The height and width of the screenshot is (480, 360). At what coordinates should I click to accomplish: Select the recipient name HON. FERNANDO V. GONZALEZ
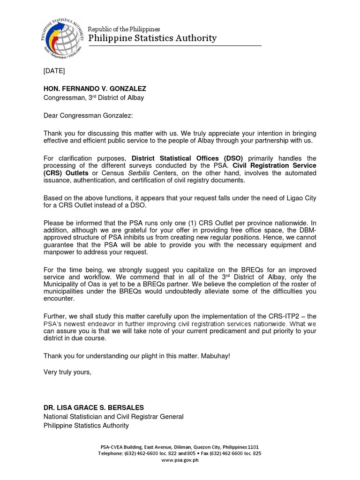click(x=95, y=89)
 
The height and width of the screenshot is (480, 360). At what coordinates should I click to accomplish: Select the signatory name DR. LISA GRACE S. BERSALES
click(x=94, y=407)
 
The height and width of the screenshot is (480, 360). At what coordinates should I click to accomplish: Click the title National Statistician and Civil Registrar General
click(x=113, y=416)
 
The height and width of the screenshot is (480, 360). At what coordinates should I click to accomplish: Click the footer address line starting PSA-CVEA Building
click(x=180, y=447)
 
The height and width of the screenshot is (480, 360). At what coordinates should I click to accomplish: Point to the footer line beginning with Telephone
click(x=180, y=453)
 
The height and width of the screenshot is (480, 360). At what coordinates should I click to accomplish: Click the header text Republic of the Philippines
click(x=124, y=29)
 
